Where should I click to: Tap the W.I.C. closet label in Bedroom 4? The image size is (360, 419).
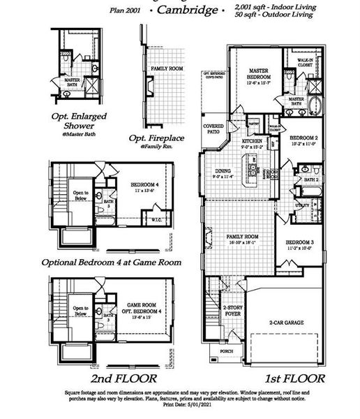click(158, 221)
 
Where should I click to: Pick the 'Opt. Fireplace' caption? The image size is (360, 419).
click(157, 138)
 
